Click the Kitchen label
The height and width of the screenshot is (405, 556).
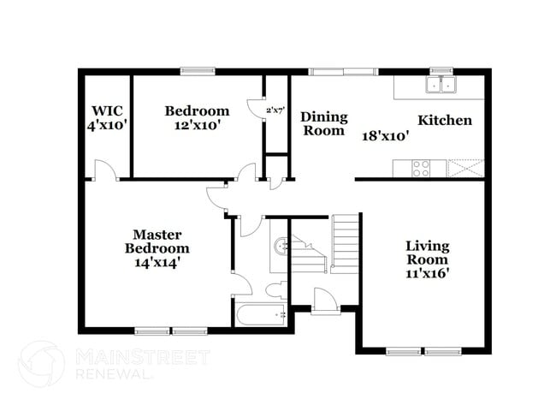tap(444, 120)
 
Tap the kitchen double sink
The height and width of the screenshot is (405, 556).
tap(442, 85)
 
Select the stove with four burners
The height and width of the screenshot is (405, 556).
tap(421, 169)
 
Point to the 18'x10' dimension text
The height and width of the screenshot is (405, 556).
tap(385, 134)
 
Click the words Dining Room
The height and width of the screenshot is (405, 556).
tap(322, 124)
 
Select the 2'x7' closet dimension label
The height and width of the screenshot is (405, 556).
tap(275, 110)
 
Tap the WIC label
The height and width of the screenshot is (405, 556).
tap(107, 110)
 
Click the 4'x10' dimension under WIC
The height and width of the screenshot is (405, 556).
tap(107, 125)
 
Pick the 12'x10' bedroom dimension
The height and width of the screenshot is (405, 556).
tap(197, 125)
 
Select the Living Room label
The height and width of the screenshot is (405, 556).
tap(427, 253)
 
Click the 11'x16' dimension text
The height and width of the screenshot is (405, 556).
tap(427, 274)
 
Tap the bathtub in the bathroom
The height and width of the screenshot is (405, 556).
tap(262, 315)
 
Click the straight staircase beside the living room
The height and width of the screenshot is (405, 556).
tap(346, 242)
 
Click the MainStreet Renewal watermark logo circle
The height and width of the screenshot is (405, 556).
tap(42, 364)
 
